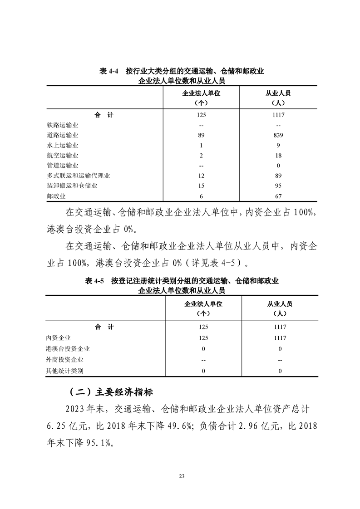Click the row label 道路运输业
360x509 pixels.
62,135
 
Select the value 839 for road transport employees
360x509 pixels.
278,135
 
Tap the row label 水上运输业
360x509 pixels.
62,146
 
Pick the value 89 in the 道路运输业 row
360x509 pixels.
202,135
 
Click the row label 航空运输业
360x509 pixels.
62,156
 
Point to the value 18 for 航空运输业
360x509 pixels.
278,156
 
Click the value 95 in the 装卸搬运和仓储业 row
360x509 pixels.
278,186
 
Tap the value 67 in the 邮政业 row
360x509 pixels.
278,196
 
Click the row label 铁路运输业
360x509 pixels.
62,125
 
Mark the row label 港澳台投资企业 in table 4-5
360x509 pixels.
68,349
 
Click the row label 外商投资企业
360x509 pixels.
65,360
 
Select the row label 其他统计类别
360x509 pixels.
65,371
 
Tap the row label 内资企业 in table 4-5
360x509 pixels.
59,338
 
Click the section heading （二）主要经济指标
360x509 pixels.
113,392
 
